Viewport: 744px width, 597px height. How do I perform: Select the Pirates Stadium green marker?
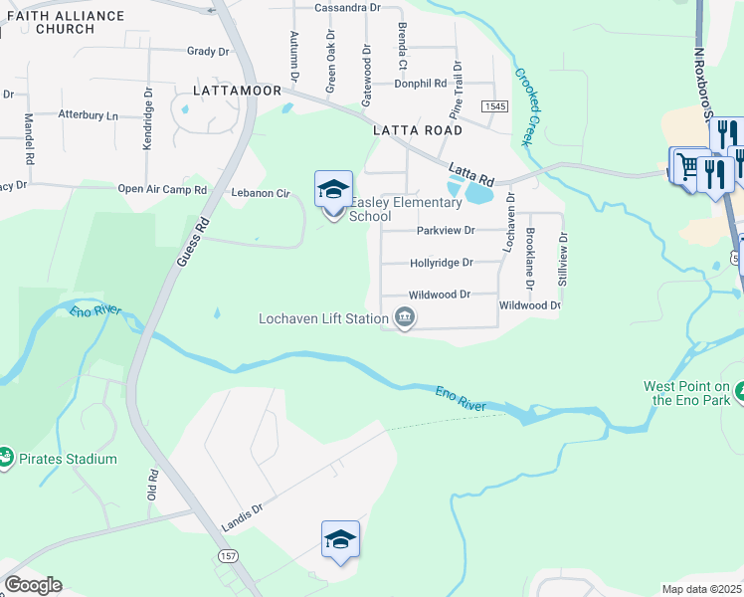click(7, 459)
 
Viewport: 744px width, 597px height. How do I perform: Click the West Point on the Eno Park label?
click(687, 393)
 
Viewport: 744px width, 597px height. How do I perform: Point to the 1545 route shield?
click(494, 105)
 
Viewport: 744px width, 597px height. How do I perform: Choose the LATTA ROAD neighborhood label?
click(417, 130)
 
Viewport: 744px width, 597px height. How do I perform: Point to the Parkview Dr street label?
click(447, 230)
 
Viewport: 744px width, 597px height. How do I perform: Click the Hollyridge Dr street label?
click(441, 264)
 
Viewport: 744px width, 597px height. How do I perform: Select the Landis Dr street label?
click(242, 515)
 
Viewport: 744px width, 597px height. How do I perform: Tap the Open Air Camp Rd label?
click(162, 189)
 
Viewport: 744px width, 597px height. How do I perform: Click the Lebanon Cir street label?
click(260, 192)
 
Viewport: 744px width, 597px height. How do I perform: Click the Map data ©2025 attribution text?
click(701, 589)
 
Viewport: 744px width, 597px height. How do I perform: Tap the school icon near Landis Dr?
click(340, 540)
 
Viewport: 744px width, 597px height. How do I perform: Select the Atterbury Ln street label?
click(88, 115)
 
